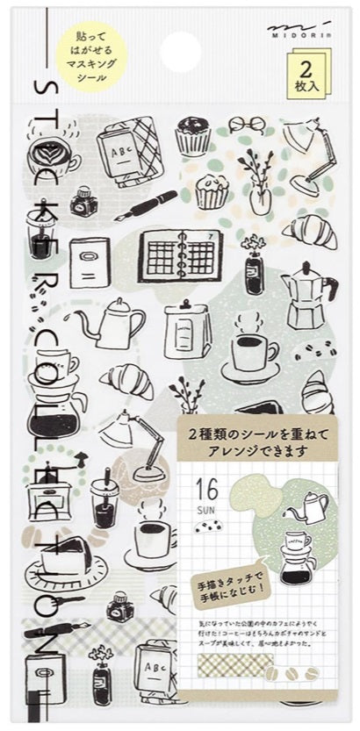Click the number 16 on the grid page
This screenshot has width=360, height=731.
click(x=207, y=486)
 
